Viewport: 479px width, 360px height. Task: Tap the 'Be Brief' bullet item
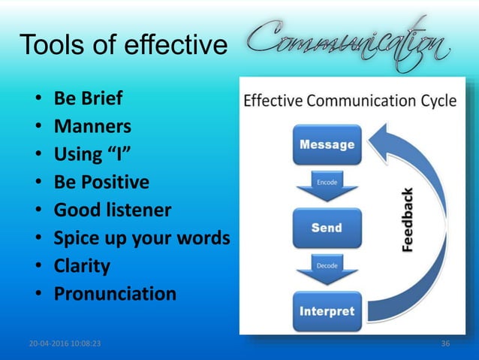pos(88,98)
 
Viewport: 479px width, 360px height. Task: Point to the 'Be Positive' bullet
pos(101,182)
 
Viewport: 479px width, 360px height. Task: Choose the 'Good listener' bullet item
pos(112,210)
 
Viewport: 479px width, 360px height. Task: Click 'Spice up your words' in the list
pos(141,237)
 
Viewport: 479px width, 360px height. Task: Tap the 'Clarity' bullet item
pos(82,265)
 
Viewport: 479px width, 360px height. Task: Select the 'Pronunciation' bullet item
pos(115,293)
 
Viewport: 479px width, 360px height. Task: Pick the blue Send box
pos(326,228)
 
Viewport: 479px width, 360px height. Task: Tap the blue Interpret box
pos(326,310)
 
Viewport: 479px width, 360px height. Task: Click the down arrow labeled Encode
pos(326,186)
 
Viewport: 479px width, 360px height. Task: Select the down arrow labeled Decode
pos(326,268)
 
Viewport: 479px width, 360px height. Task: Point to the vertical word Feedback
pos(407,219)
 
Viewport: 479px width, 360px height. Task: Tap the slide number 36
pos(446,343)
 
